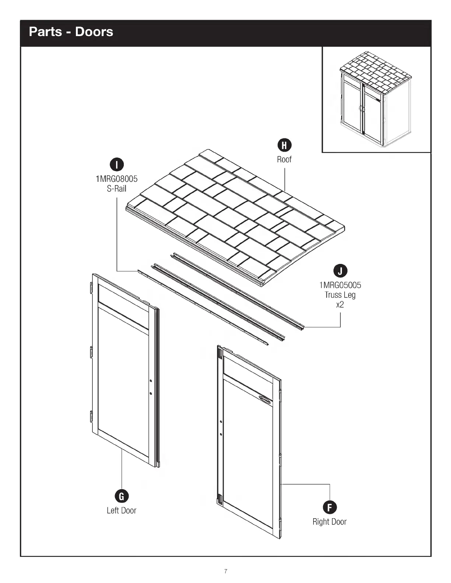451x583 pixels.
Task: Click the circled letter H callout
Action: click(284, 145)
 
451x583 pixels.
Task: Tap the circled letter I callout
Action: click(117, 165)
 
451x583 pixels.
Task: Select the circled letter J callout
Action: click(340, 271)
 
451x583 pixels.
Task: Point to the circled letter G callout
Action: click(122, 496)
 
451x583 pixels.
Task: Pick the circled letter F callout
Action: click(329, 508)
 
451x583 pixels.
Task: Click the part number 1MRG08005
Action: click(116, 179)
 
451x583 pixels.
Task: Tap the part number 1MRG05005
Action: click(340, 285)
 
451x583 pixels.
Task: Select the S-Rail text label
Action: click(116, 188)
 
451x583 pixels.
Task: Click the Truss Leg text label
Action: click(340, 295)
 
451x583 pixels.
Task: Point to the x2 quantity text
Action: click(340, 304)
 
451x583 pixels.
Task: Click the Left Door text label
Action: click(122, 510)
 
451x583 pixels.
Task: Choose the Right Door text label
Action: click(329, 522)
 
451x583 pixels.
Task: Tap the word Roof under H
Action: click(284, 159)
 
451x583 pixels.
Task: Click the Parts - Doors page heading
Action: click(71, 32)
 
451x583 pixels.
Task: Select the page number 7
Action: click(225, 571)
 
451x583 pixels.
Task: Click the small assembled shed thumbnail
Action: click(376, 99)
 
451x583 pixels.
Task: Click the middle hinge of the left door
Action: click(92, 352)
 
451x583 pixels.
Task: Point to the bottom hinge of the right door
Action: click(220, 499)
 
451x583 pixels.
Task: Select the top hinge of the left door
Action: click(91, 287)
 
